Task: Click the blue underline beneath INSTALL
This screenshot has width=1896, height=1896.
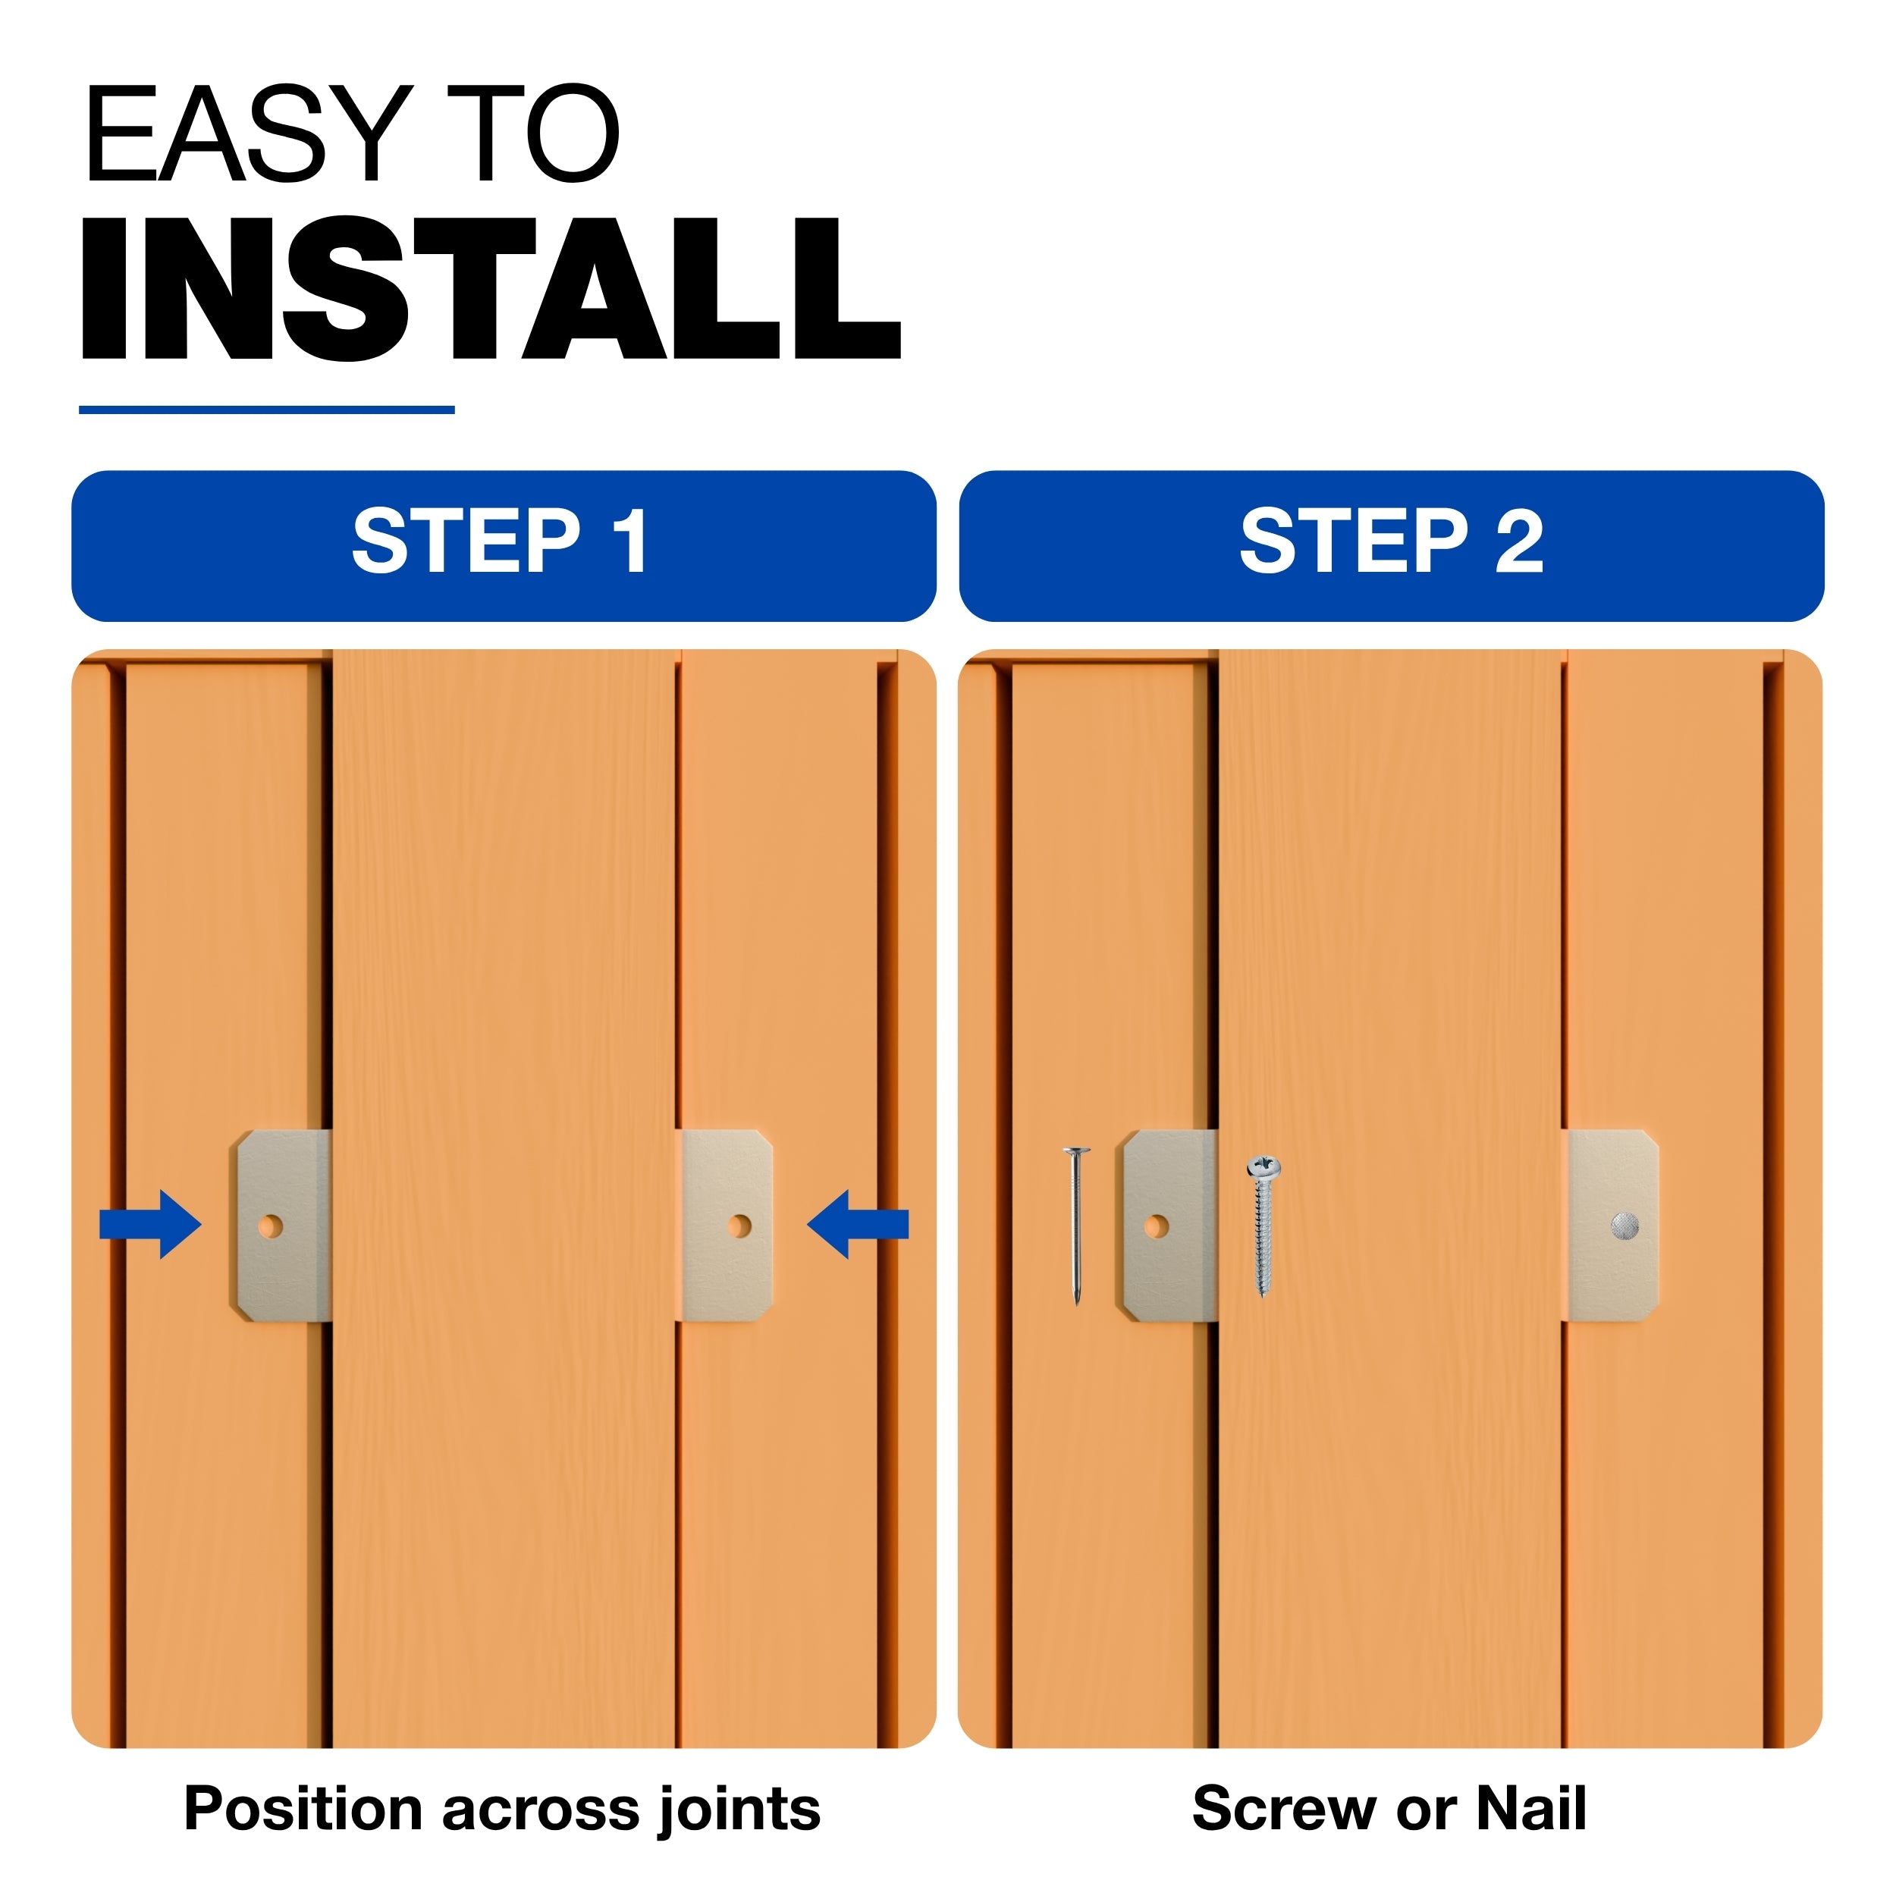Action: (266, 410)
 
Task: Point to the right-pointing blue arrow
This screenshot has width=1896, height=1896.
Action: (150, 1224)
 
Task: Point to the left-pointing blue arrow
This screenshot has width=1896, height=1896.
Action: (858, 1224)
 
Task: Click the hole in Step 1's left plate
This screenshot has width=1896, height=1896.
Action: (271, 1226)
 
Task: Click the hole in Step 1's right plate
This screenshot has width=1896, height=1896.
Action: (740, 1226)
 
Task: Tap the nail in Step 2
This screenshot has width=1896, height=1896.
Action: (1077, 1225)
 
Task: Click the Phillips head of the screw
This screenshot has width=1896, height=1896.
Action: (1264, 1168)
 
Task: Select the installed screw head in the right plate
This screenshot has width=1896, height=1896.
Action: (1625, 1226)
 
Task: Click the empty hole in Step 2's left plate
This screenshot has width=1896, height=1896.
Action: (1157, 1226)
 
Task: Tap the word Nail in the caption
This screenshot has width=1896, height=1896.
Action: (1532, 1808)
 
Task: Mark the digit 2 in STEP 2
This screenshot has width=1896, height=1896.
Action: (1519, 541)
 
